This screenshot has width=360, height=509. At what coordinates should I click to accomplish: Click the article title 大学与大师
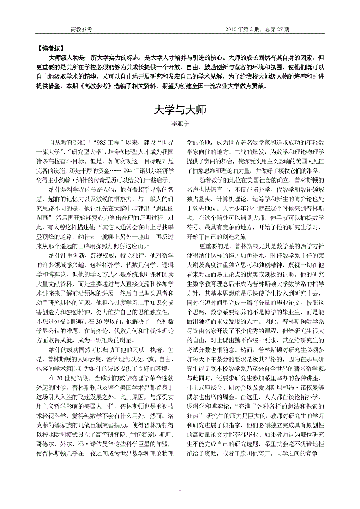tap(180, 109)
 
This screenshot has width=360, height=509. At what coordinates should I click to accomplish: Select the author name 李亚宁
tap(180, 124)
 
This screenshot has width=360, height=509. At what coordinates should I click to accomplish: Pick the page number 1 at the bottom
tap(180, 489)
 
